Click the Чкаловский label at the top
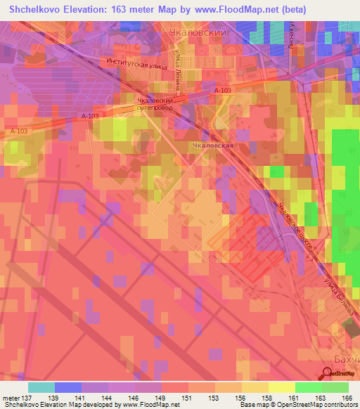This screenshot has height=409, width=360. click(x=198, y=32)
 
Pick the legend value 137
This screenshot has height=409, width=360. click(x=27, y=397)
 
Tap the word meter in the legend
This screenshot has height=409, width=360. click(x=10, y=397)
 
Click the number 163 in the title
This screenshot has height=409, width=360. click(x=126, y=11)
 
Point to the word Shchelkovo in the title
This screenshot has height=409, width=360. click(x=37, y=11)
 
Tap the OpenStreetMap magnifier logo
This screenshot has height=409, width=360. click(x=328, y=374)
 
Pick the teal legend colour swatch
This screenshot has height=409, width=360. click(x=41, y=387)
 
